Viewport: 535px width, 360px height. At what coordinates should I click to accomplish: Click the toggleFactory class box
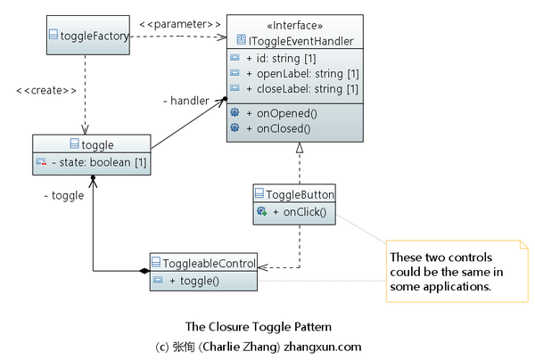[x=84, y=37]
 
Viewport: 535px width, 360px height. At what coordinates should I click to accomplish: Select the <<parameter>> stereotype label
[x=179, y=22]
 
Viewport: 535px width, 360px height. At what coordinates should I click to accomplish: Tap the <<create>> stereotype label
[x=45, y=91]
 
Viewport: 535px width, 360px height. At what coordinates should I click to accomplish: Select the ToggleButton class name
[x=300, y=194]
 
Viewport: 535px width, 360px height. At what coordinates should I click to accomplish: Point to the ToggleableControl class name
[x=209, y=264]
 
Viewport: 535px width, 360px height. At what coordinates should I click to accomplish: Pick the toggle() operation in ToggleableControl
[x=199, y=281]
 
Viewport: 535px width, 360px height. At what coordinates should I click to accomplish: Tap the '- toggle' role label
[x=63, y=195]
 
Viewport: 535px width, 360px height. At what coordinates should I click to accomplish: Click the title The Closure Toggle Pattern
[x=258, y=326]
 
